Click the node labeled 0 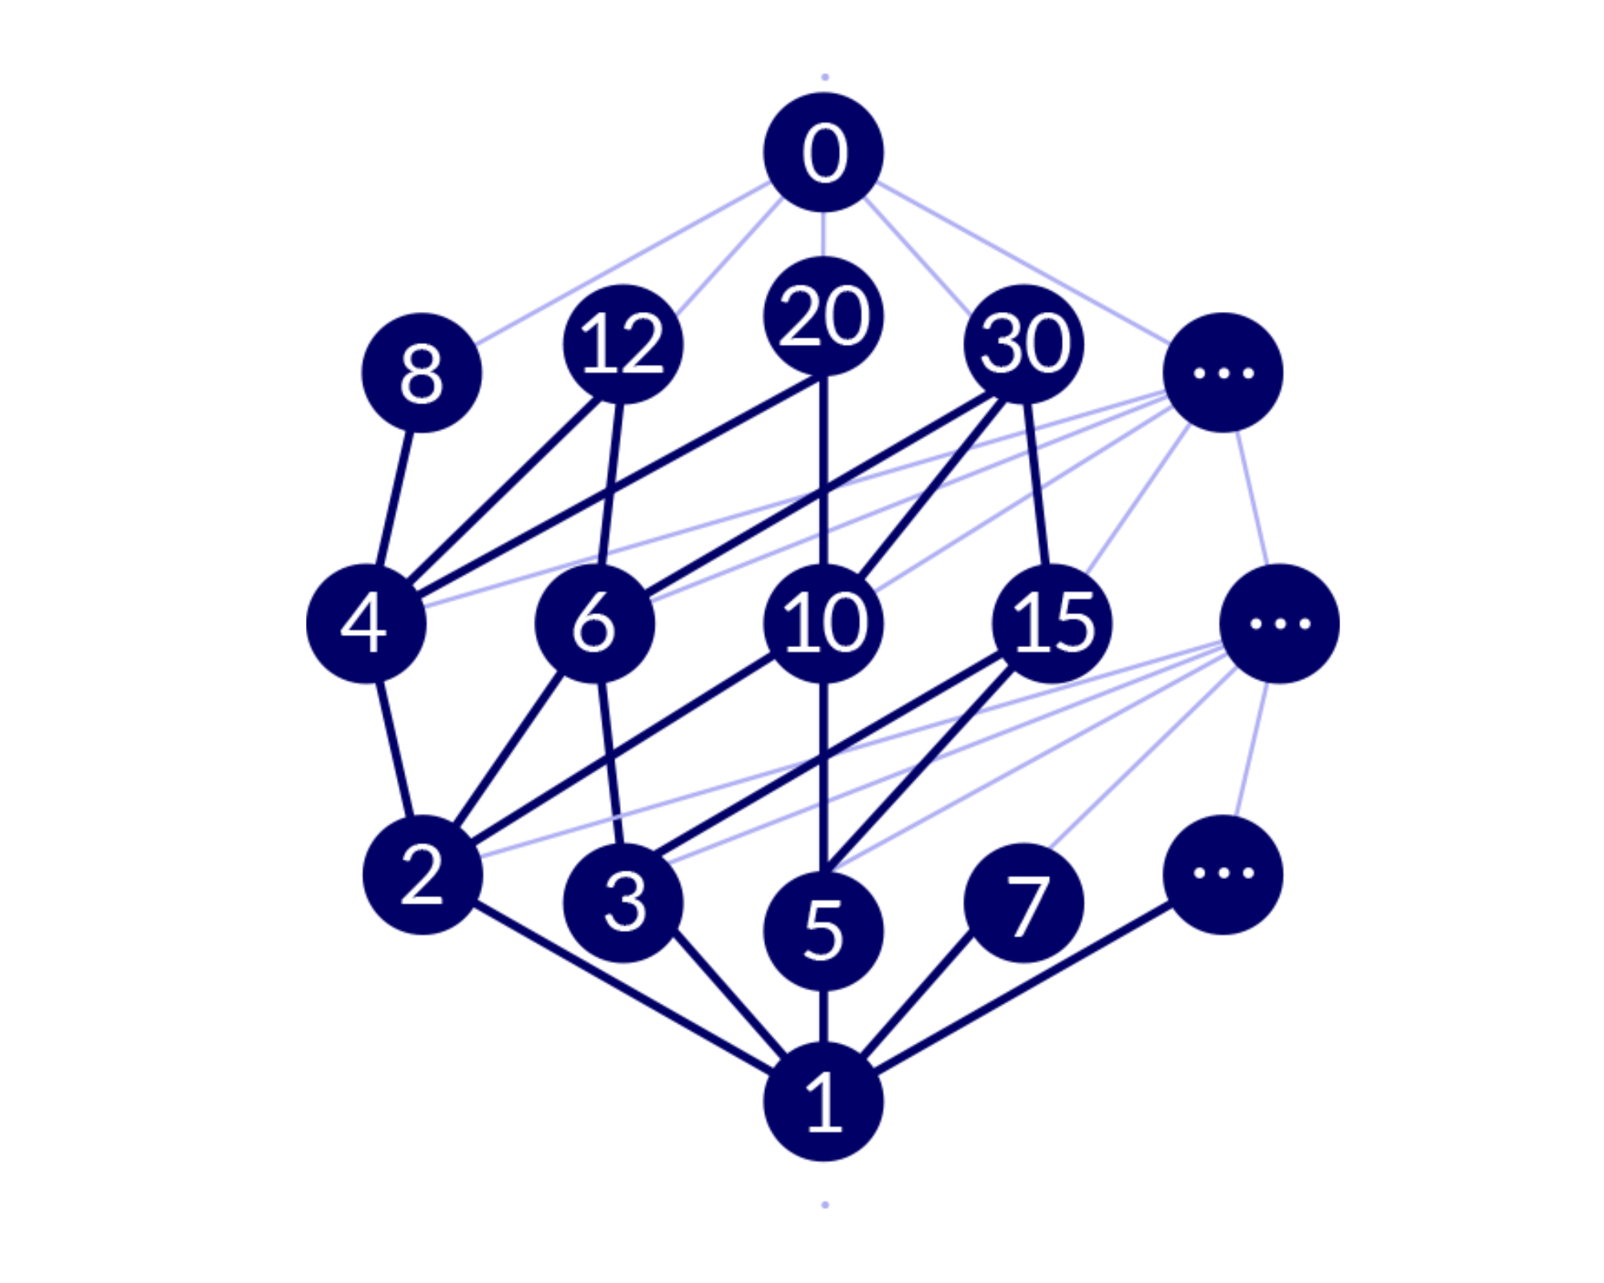pyautogui.click(x=824, y=152)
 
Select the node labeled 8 pyautogui.click(x=422, y=373)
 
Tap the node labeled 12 pyautogui.click(x=623, y=344)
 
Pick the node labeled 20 pyautogui.click(x=824, y=316)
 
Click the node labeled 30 pyautogui.click(x=1024, y=344)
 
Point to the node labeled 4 pyautogui.click(x=367, y=624)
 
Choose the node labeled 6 pyautogui.click(x=595, y=624)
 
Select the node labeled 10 pyautogui.click(x=824, y=624)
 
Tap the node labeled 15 pyautogui.click(x=1052, y=624)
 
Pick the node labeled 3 pyautogui.click(x=623, y=903)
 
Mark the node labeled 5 pyautogui.click(x=824, y=931)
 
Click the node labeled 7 pyautogui.click(x=1024, y=903)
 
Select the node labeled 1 pyautogui.click(x=824, y=1102)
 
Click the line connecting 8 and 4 pyautogui.click(x=395, y=497)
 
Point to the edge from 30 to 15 pyautogui.click(x=1037, y=485)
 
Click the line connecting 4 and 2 pyautogui.click(x=395, y=750)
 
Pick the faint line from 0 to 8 pyautogui.click(x=622, y=265)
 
